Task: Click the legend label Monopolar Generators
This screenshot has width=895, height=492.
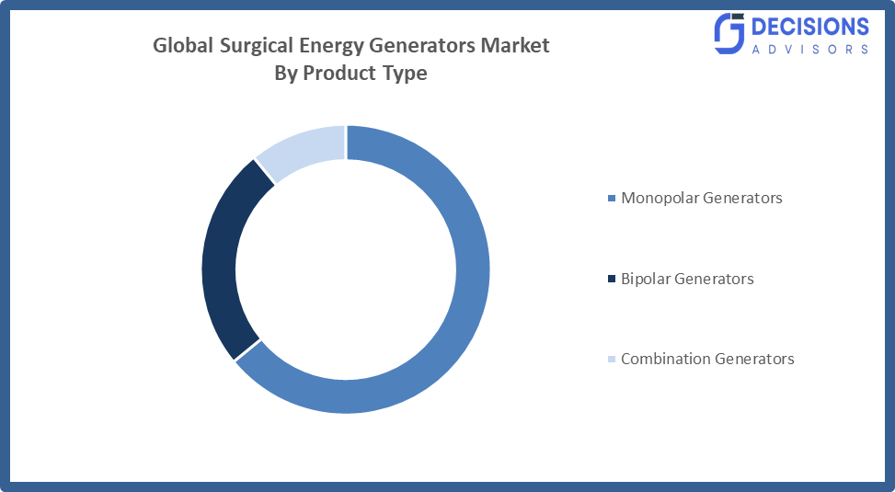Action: (x=701, y=198)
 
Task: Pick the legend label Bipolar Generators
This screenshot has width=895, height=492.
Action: (x=687, y=279)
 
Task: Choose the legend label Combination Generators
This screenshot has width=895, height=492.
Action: (x=707, y=359)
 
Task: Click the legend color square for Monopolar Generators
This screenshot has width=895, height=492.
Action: (x=612, y=199)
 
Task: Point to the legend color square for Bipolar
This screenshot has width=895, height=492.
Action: (x=612, y=279)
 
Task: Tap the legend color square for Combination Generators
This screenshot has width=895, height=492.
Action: (x=612, y=360)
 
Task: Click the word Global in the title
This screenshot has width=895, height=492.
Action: (x=182, y=45)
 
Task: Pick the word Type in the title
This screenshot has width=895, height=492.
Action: (x=404, y=74)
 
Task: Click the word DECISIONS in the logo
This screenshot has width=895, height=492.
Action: (x=810, y=27)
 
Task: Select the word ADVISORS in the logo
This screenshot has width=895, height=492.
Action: (x=810, y=49)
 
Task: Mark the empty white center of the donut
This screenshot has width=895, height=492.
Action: (x=346, y=269)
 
